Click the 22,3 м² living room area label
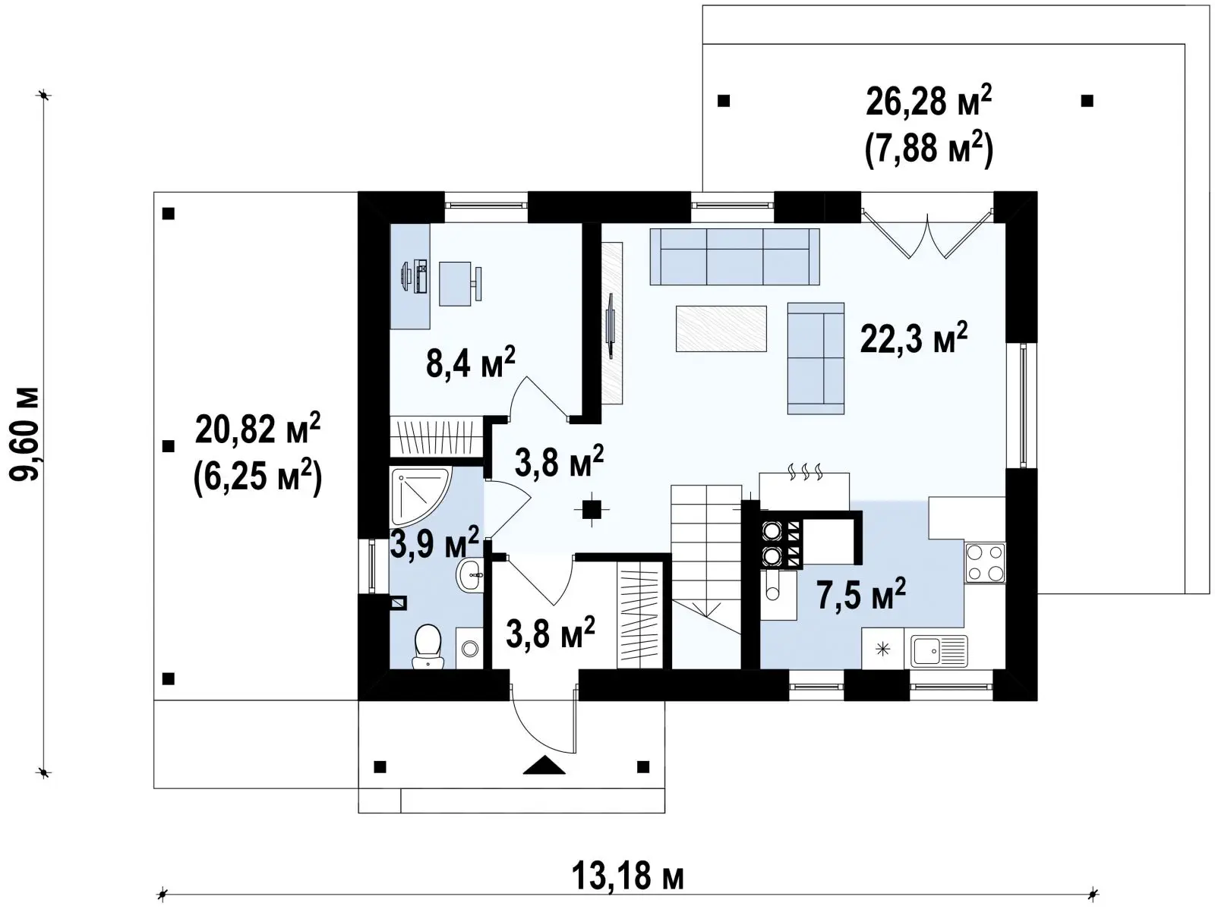pos(914,338)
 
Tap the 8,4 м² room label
pos(471,363)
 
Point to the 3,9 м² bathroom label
pos(434,543)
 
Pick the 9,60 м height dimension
pos(25,434)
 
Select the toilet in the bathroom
pos(428,646)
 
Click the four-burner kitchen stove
pos(985,562)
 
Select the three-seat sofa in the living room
pos(734,256)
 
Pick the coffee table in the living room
pos(721,329)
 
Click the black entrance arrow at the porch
pos(544,765)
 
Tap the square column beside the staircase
pos(592,509)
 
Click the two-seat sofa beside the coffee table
pos(816,358)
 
